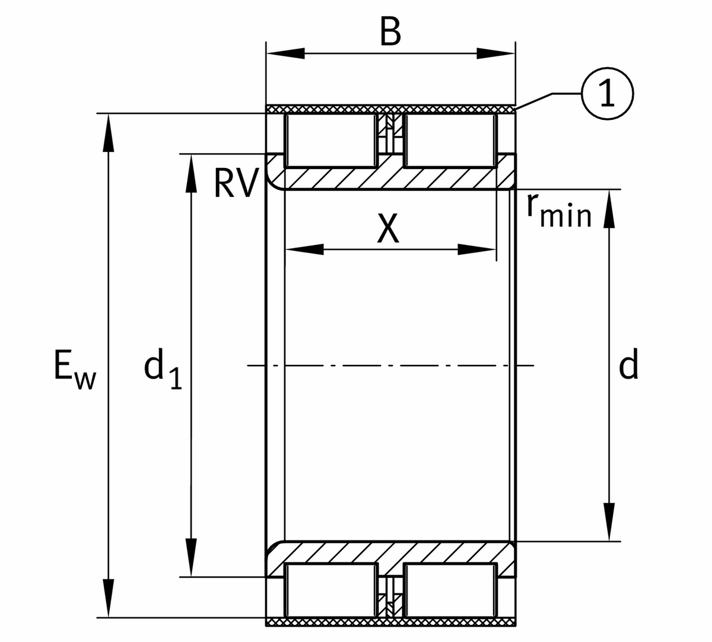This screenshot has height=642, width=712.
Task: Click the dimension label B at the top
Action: coord(390,33)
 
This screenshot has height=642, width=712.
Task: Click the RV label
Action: coord(236,183)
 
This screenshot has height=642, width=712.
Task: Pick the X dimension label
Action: coord(389,228)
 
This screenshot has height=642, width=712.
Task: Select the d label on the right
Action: coord(628,365)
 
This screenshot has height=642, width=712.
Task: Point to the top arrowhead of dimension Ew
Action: coord(107,134)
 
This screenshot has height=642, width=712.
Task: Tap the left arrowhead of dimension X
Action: coord(304,250)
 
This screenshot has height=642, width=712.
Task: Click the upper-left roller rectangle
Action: coord(331,141)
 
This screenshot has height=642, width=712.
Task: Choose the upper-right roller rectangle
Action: coord(449,141)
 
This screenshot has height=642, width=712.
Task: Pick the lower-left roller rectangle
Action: coord(331,590)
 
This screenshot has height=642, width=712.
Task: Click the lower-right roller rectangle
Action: coord(449,590)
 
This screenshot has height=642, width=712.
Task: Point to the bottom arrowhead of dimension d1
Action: coord(191,557)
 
